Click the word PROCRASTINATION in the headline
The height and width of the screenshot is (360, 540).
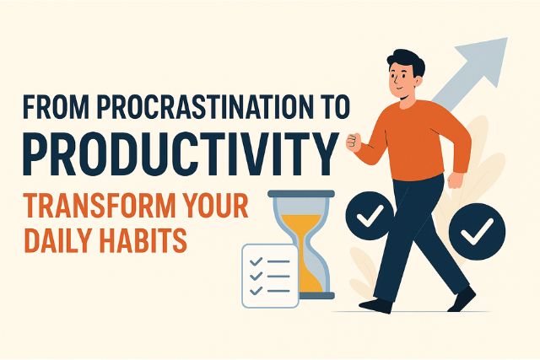tap(195, 110)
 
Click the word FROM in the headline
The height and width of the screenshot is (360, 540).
tap(51, 110)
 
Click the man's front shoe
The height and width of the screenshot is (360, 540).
tap(462, 299)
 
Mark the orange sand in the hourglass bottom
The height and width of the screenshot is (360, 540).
tap(302, 279)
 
